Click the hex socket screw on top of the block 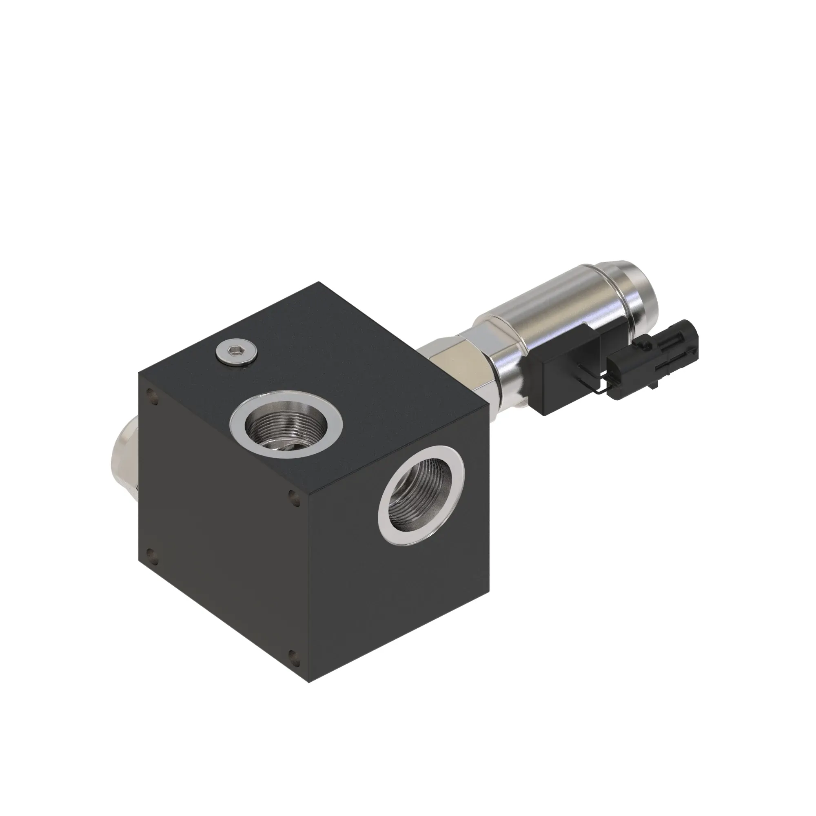[236, 350]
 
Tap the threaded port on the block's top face [286, 424]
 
